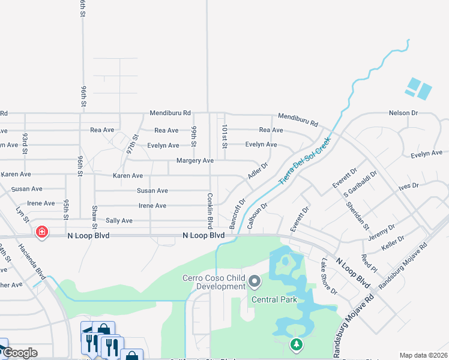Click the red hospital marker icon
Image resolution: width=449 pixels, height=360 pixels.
coord(41,232)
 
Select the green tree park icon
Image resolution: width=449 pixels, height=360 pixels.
coord(295,344)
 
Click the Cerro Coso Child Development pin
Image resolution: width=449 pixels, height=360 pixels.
coord(255,280)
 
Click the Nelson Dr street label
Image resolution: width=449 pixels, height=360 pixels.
coord(403,113)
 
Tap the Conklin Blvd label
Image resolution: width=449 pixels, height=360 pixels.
coord(210,211)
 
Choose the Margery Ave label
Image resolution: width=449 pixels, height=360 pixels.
coord(195,161)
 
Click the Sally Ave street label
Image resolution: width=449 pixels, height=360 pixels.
coord(119,221)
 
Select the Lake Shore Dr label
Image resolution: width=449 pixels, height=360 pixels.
coord(329,276)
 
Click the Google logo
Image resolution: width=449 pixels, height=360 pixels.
coord(19,353)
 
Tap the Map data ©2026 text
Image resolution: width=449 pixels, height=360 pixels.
coord(423,355)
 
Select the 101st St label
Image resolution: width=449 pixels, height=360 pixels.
coord(224,136)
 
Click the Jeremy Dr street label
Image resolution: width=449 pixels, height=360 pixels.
coord(382,232)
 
